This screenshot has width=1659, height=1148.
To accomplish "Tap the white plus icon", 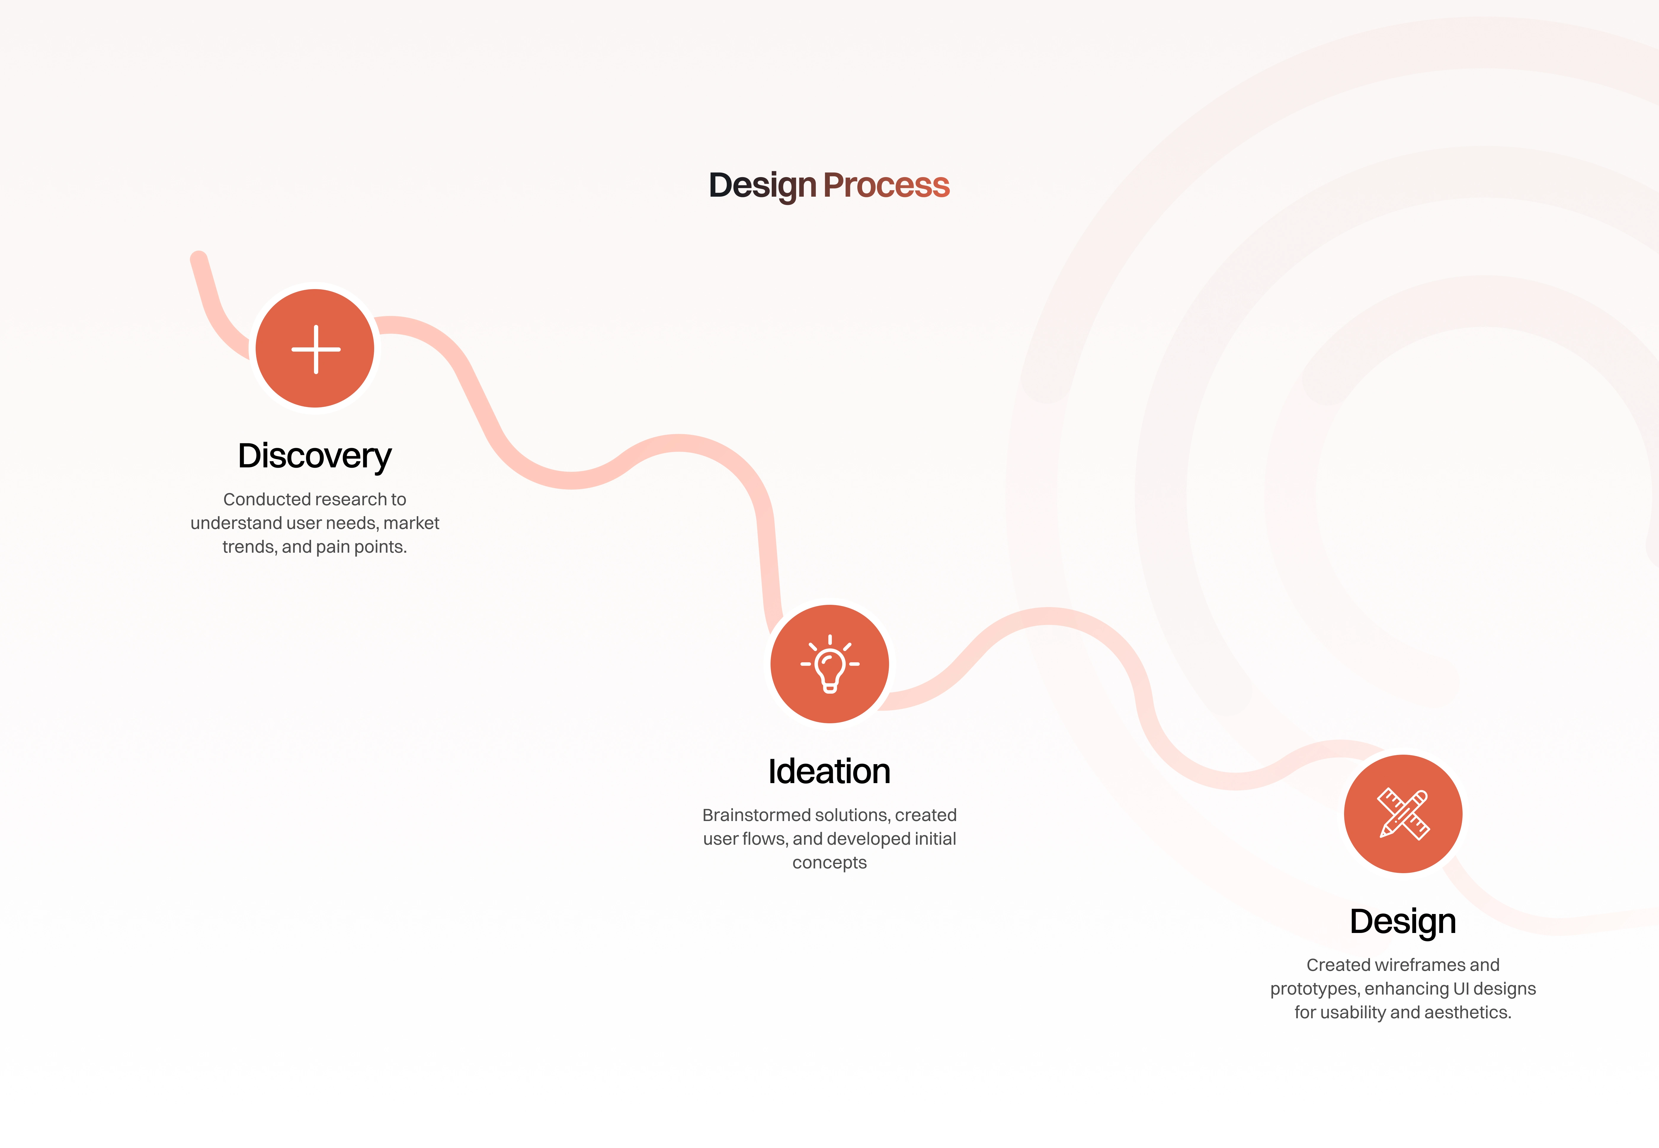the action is click(x=316, y=349).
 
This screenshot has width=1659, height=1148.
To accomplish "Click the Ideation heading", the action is click(x=829, y=771).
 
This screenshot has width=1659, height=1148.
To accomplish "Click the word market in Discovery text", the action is click(x=411, y=523).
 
